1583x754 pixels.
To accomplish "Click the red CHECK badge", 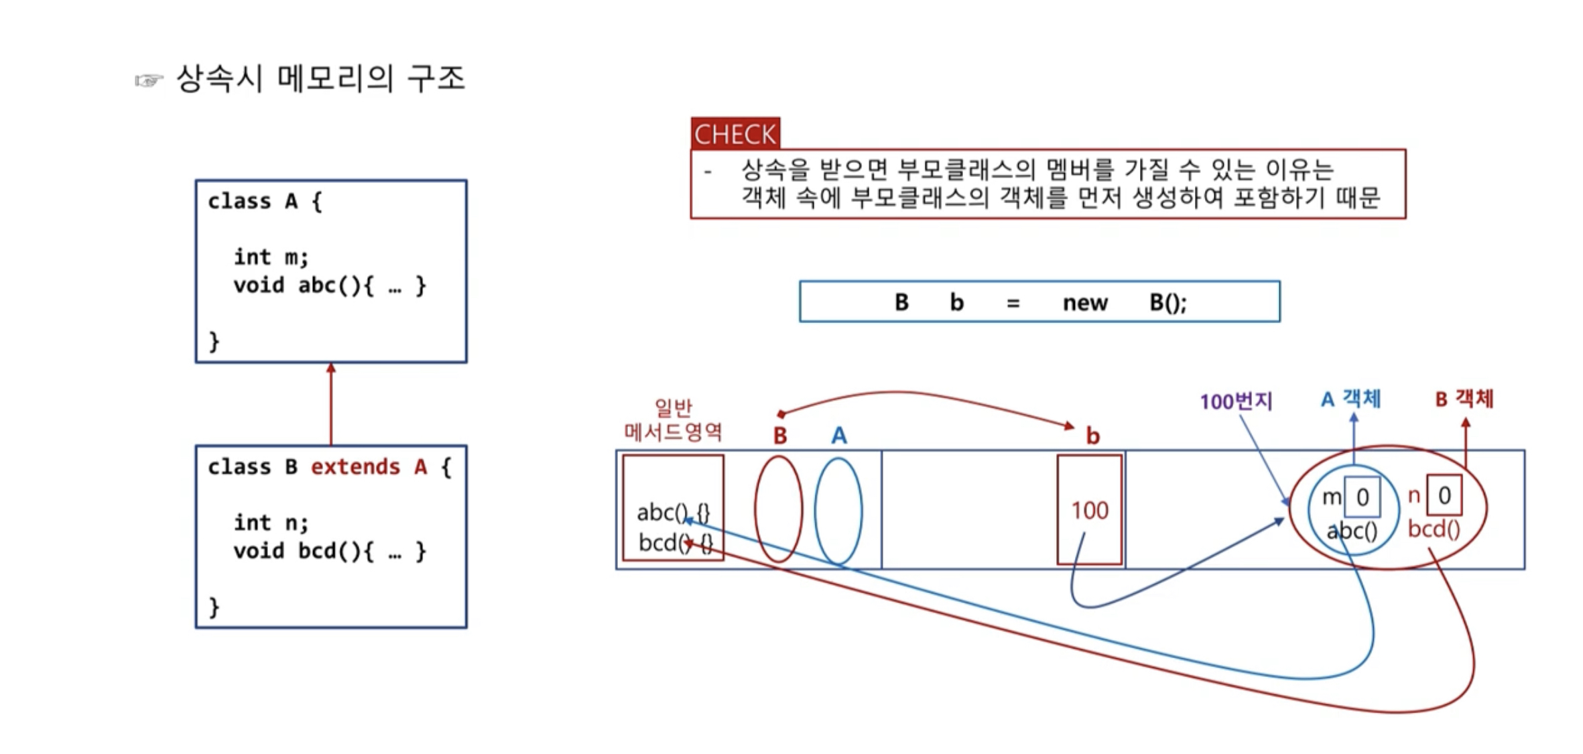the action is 735,133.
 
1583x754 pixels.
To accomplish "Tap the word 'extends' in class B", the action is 355,466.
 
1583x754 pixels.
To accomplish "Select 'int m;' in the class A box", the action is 271,257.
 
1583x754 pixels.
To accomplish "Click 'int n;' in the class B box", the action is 271,522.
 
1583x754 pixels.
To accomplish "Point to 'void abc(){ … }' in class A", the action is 329,286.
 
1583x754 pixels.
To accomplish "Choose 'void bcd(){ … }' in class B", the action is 329,551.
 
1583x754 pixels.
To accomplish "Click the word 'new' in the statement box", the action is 1085,303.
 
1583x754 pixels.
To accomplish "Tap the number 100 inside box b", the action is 1090,511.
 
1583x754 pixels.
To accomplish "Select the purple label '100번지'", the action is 1236,401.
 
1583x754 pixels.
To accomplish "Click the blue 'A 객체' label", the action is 1350,399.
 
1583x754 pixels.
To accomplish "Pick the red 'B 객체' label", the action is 1464,399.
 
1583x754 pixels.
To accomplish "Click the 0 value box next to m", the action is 1363,497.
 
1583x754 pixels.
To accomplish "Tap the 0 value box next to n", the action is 1444,495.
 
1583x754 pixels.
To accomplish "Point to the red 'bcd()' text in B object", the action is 1434,529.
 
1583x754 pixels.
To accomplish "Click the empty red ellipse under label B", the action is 779,509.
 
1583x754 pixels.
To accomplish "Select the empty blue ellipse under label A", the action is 838,511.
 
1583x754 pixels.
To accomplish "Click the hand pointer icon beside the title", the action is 149,81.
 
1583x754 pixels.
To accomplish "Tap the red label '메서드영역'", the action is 673,432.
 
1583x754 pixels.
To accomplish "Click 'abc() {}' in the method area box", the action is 673,513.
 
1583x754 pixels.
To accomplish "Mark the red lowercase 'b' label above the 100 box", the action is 1092,436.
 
